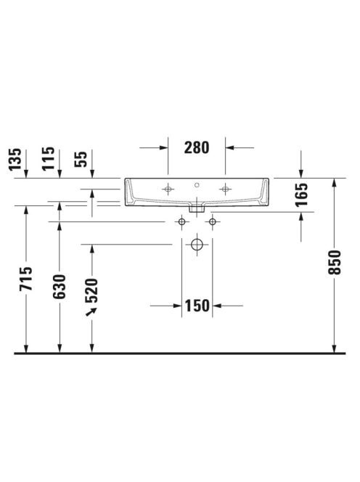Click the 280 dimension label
(197, 147)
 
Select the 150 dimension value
(197, 306)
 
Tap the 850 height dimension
(335, 263)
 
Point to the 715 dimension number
(25, 279)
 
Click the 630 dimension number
(60, 287)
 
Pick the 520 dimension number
(91, 291)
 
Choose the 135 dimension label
(15, 159)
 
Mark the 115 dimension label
(49, 159)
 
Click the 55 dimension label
(81, 159)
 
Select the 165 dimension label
(301, 195)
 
